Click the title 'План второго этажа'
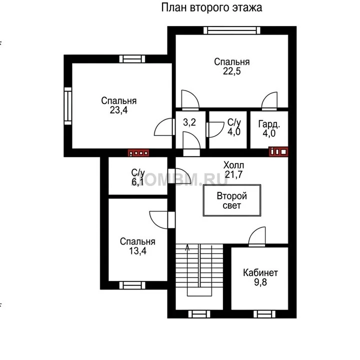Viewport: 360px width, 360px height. tap(211, 7)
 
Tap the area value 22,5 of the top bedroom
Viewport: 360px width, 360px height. tap(232, 71)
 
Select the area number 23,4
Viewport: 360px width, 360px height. tap(118, 110)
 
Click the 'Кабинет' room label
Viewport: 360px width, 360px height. tap(260, 273)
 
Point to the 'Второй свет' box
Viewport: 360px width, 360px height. tap(232, 200)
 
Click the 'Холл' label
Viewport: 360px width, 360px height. tap(233, 165)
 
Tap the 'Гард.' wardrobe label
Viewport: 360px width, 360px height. tap(269, 124)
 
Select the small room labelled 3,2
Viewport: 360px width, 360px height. tap(189, 122)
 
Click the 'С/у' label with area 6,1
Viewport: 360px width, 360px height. tap(138, 172)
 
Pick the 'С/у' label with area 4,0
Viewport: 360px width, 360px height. tap(234, 122)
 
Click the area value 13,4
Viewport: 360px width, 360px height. tap(138, 251)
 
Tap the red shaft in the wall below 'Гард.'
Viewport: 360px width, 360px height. tap(278, 152)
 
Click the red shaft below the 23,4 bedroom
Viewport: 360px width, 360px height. tap(138, 153)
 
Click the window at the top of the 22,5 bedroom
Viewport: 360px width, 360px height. tap(232, 30)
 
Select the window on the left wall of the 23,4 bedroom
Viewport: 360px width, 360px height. tap(68, 106)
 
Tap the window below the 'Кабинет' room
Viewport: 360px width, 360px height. tap(264, 314)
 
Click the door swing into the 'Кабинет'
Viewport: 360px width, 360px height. tap(257, 236)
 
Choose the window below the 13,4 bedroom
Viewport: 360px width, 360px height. tap(132, 285)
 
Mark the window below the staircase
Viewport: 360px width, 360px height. tap(199, 314)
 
